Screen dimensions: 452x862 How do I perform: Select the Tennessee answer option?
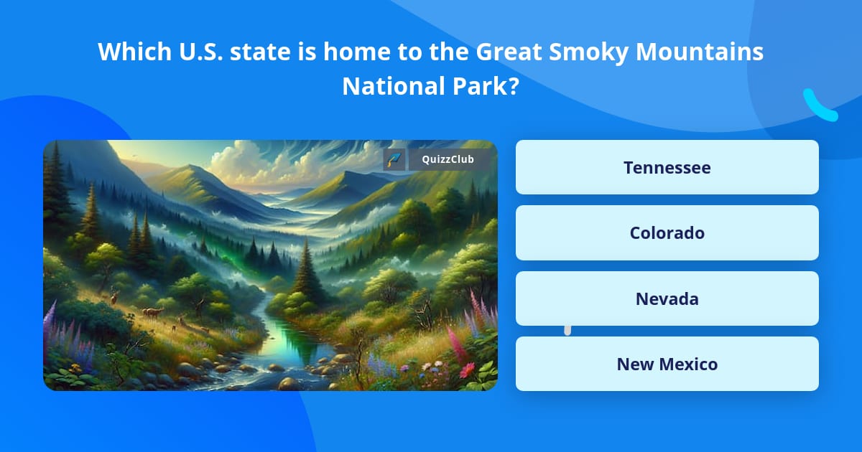667,167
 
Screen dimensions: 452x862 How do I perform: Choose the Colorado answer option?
667,232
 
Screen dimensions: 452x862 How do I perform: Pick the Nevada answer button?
667,298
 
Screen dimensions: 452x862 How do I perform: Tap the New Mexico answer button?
667,364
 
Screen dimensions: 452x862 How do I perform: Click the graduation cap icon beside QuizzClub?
394,159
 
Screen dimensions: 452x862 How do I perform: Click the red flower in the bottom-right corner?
468,369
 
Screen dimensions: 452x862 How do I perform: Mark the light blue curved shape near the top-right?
819,106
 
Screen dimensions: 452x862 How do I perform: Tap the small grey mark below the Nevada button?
567,330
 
